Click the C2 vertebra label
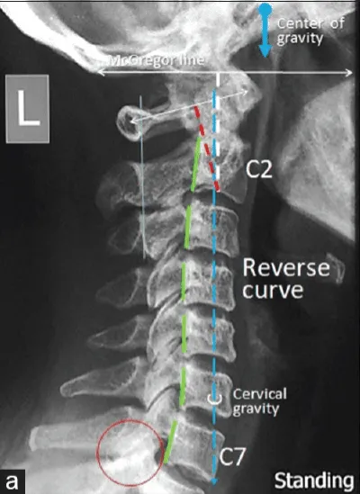pyautogui.click(x=259, y=170)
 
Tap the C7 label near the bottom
pyautogui.click(x=231, y=457)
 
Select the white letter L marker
pyautogui.click(x=28, y=109)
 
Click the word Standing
pyautogui.click(x=314, y=481)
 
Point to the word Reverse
pyautogui.click(x=286, y=268)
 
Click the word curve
pyautogui.click(x=273, y=290)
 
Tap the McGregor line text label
pyautogui.click(x=156, y=60)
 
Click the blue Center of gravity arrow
pyautogui.click(x=265, y=31)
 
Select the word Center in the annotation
pyautogui.click(x=301, y=23)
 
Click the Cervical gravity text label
pyautogui.click(x=259, y=401)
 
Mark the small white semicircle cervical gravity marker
pyautogui.click(x=214, y=401)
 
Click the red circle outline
pyautogui.click(x=130, y=419)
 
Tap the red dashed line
pyautogui.click(x=206, y=148)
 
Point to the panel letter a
pyautogui.click(x=12, y=482)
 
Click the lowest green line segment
pyautogui.click(x=170, y=442)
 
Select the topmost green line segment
pyautogui.click(x=196, y=164)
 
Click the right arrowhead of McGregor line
pyautogui.click(x=349, y=73)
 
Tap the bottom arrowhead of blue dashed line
pyautogui.click(x=214, y=481)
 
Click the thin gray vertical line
pyautogui.click(x=142, y=177)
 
